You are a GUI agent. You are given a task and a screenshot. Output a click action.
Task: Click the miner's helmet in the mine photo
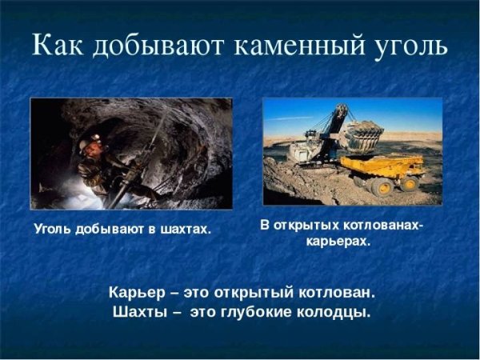(90, 142)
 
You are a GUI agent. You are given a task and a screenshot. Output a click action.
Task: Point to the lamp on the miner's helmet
(96, 138)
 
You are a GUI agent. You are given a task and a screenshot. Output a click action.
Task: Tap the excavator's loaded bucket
(364, 134)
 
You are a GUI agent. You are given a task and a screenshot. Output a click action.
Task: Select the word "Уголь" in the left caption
(53, 230)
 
